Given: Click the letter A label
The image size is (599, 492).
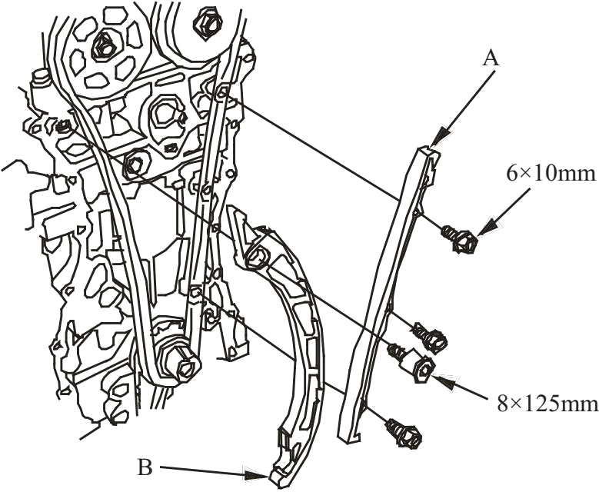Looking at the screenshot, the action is pos(491,59).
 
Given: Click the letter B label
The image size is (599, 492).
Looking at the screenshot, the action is pos(145,467).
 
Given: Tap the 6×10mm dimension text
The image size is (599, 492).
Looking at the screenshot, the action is pos(551,174).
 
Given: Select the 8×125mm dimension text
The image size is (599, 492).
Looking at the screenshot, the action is pos(547,404).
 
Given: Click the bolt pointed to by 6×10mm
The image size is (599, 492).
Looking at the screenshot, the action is pos(461,238).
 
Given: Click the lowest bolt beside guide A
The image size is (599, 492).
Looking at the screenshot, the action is pos(404,434).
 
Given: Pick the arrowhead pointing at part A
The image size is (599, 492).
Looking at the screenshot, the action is pos(440,135).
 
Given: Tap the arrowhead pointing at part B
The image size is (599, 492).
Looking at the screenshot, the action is pos(255,475).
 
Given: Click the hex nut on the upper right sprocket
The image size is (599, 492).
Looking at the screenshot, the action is pos(208,23).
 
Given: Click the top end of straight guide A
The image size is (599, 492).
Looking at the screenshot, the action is pos(428,150).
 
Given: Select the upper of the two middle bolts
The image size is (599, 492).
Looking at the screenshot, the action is pos(430,335).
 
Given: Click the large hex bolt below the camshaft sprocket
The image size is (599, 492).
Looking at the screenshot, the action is pos(135,165).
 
